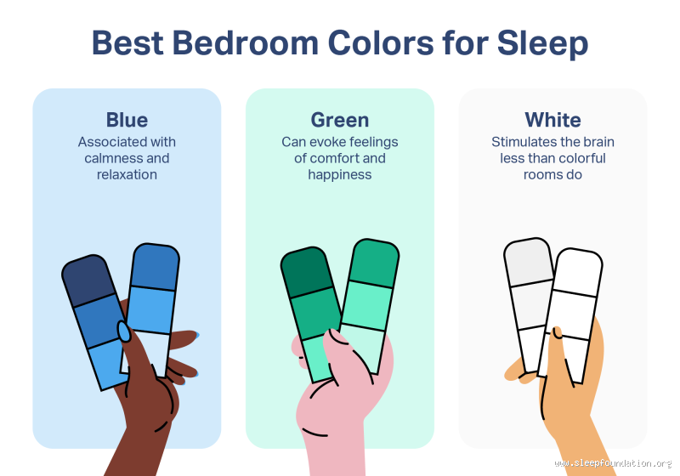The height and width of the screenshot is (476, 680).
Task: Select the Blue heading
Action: point(127,120)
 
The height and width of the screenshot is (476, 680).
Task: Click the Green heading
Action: point(340,120)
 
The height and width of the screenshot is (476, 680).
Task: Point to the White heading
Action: point(552,120)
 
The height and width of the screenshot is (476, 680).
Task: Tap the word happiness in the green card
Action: point(340,174)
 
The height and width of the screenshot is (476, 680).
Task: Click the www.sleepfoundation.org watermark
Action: point(612,463)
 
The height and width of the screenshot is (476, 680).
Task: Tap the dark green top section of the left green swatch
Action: point(306,272)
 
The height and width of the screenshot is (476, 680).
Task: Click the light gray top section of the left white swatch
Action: point(528,263)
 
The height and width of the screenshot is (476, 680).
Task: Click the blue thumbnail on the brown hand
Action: point(124,331)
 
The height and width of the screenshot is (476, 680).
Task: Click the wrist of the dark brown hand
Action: point(140,442)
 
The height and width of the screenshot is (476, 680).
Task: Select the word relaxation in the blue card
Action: point(127,174)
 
